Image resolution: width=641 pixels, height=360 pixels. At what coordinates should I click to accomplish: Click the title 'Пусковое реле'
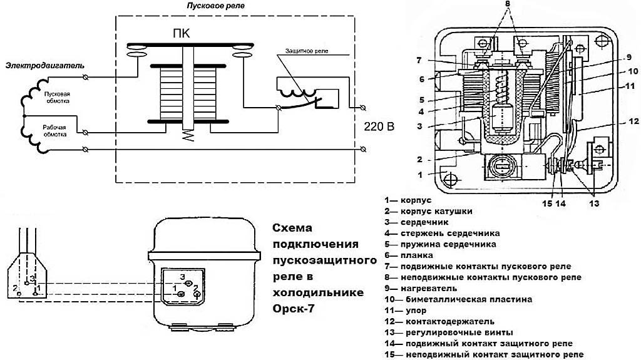[216, 6]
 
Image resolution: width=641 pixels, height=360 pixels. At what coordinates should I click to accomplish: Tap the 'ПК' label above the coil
[182, 33]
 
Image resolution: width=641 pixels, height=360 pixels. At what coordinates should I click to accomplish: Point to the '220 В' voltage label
[379, 127]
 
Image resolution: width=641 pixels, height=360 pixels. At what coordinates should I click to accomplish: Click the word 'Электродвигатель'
[45, 66]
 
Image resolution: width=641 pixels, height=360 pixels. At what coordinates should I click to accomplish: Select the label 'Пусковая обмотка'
[57, 98]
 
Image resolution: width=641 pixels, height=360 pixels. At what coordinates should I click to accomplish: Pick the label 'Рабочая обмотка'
[54, 131]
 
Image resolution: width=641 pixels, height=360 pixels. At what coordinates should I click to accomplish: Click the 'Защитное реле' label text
[307, 51]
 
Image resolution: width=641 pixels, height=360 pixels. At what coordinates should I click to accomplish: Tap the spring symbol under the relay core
[188, 135]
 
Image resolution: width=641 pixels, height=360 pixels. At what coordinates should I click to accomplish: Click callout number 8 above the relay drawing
[507, 4]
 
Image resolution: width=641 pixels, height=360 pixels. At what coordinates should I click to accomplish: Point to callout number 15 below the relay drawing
[547, 203]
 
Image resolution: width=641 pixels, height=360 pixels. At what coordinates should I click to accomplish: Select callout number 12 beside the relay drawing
[633, 121]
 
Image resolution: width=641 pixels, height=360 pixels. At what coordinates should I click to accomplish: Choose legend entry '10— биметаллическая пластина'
[458, 299]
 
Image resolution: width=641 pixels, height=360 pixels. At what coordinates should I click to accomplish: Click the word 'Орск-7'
[294, 309]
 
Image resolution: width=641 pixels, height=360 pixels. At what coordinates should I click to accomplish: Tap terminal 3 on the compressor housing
[188, 284]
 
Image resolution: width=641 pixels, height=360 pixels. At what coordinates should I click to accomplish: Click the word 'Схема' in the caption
[292, 228]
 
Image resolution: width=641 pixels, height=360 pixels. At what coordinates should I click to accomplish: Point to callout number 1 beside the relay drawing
[420, 175]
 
